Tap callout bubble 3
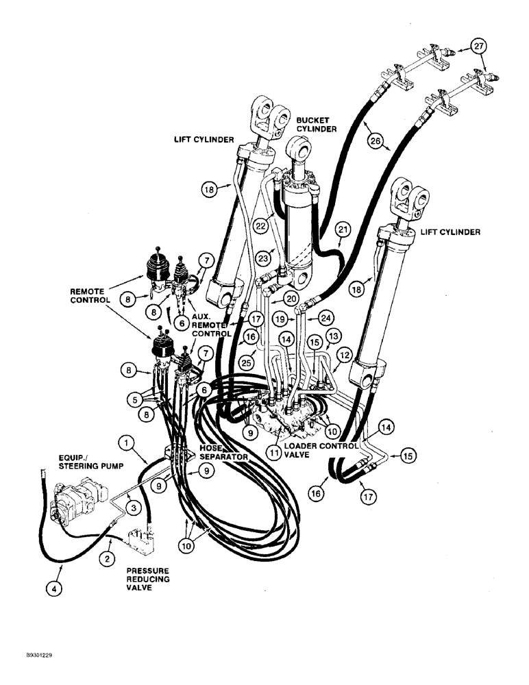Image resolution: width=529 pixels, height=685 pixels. click(x=135, y=506)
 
